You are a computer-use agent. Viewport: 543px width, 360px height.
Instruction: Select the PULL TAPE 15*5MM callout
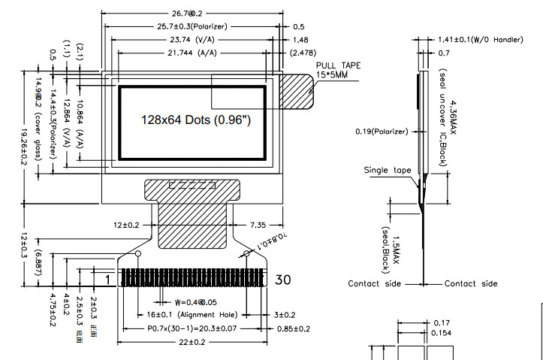point(338,71)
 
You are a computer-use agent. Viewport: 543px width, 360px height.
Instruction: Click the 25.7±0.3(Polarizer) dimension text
point(192,26)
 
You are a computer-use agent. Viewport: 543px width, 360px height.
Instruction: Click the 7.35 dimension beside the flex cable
point(258,225)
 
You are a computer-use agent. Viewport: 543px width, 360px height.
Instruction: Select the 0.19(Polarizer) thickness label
point(382,132)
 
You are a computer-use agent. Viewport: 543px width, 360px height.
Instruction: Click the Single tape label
point(388,171)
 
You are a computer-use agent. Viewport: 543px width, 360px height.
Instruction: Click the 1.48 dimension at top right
point(300,39)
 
